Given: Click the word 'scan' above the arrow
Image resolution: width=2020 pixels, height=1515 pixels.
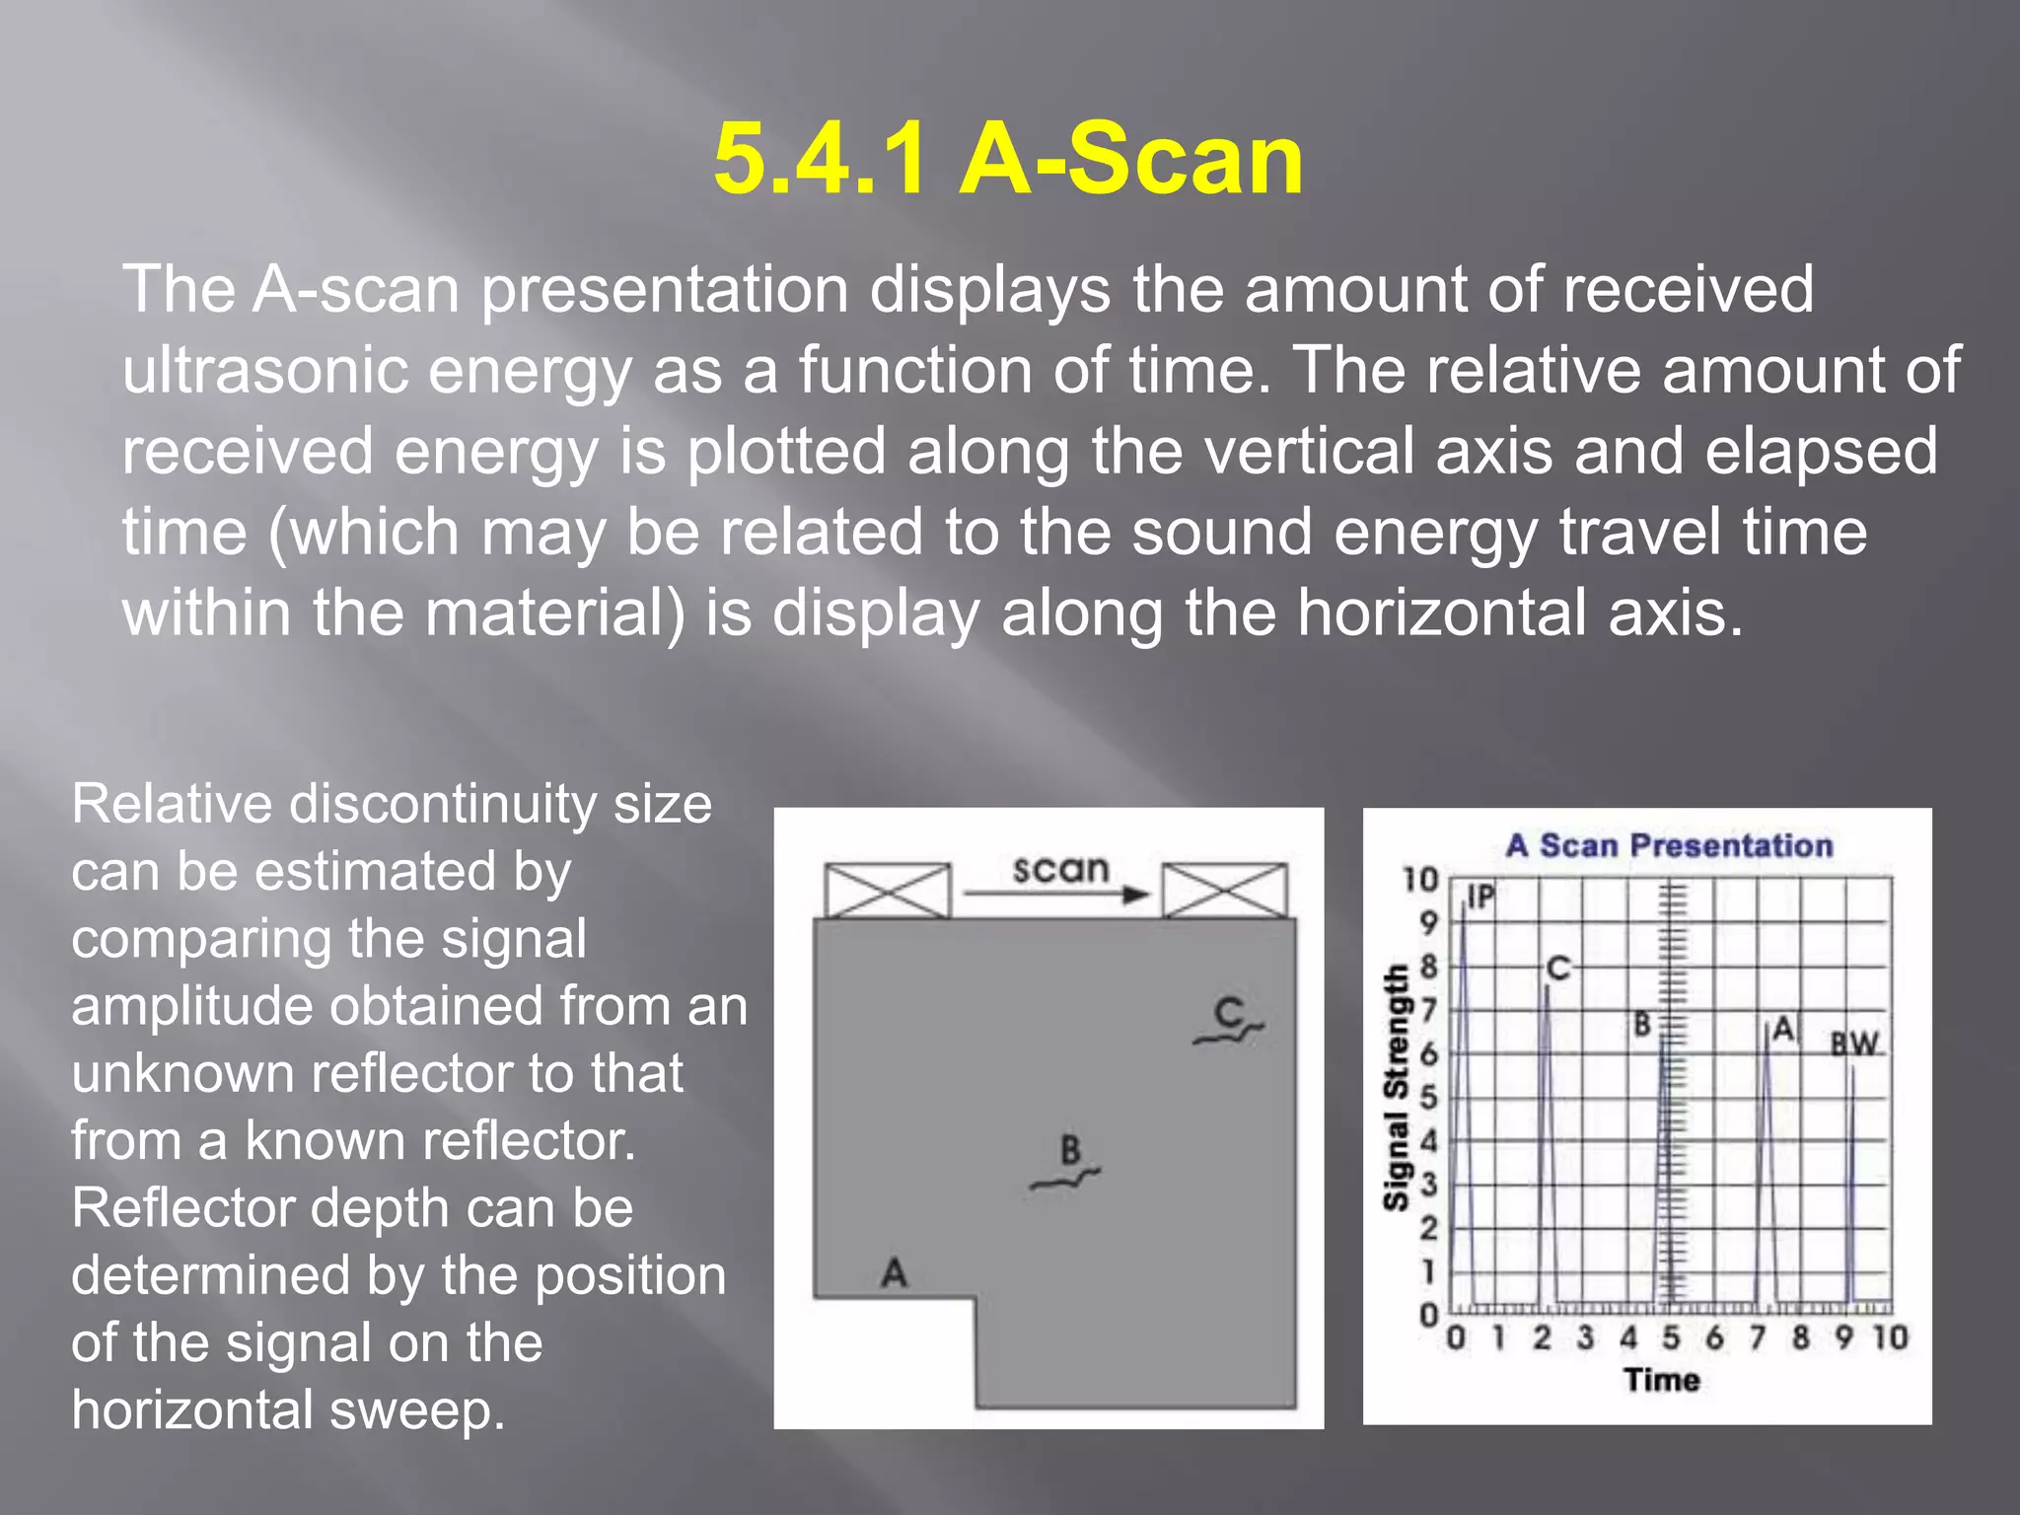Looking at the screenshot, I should tap(1060, 869).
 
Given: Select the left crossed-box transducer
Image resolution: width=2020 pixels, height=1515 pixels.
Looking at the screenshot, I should tap(887, 890).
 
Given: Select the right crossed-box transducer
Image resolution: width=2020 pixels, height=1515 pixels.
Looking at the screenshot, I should tap(1224, 890).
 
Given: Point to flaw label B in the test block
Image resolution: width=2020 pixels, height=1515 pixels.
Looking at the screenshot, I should tap(1070, 1149).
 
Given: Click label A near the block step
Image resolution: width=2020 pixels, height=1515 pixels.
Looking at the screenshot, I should tap(894, 1272).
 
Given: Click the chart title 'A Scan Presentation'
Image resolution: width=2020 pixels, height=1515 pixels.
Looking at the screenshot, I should tap(1669, 845).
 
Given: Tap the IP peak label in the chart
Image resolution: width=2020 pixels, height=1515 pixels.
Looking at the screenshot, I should tap(1480, 896).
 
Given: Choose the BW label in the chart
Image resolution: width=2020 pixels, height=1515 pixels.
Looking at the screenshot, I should tap(1854, 1044).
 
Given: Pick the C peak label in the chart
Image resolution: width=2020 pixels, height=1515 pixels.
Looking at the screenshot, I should tap(1558, 968).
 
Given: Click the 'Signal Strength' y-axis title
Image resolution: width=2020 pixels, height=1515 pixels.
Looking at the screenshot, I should tap(1395, 1087).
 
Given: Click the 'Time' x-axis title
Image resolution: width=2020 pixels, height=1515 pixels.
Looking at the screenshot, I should tap(1662, 1379).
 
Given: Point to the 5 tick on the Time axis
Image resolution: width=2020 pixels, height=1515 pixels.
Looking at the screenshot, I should tap(1671, 1337).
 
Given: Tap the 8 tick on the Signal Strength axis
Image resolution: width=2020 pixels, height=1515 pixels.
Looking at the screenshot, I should tap(1428, 967).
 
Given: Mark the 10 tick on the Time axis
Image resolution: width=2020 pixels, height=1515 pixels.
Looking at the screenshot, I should tap(1890, 1337).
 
